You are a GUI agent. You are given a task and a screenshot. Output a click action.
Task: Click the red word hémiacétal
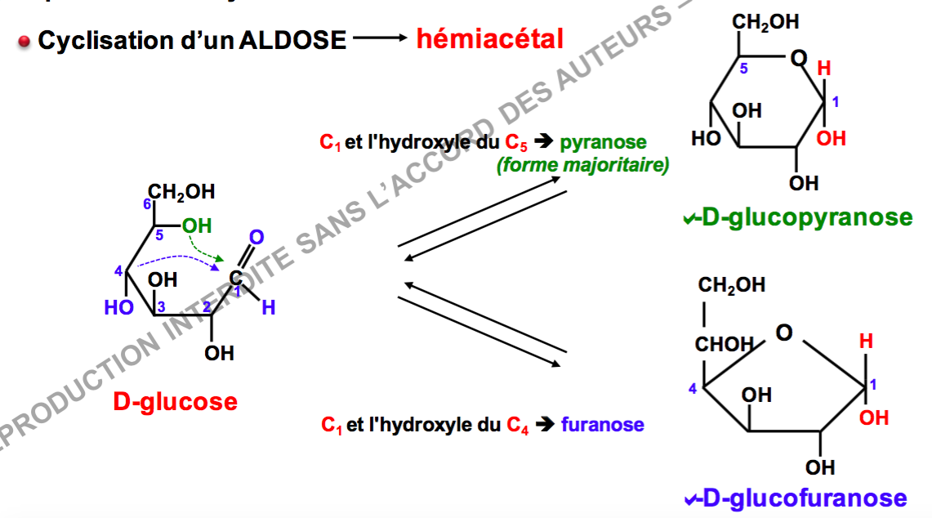489,38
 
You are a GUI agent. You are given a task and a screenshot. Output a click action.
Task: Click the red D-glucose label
176,402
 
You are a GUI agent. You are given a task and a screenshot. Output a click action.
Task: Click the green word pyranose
603,142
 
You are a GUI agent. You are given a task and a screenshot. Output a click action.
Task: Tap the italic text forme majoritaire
582,166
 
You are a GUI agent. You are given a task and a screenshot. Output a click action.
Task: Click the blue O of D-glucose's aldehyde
256,238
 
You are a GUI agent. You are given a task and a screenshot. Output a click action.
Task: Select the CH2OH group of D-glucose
183,192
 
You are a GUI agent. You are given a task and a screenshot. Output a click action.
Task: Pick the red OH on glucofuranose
874,418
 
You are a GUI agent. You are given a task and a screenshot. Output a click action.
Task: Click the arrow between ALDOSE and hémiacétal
379,38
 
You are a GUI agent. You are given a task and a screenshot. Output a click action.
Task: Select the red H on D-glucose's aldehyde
268,307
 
